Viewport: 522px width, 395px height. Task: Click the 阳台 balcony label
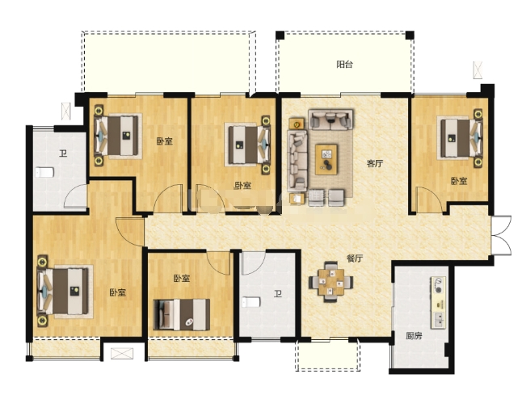click(344, 65)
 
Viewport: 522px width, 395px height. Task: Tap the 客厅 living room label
click(375, 163)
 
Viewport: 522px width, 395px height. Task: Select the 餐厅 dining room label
click(355, 258)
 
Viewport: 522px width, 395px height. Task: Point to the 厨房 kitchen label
click(414, 336)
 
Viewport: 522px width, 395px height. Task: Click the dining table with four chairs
click(330, 282)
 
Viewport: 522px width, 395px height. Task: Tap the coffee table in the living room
click(326, 159)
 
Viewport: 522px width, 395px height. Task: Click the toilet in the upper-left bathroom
click(44, 172)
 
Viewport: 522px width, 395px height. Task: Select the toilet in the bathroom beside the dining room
click(251, 302)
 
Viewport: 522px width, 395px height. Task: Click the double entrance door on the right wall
click(501, 236)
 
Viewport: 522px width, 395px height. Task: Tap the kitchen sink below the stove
click(439, 319)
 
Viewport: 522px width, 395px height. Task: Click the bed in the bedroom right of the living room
click(461, 138)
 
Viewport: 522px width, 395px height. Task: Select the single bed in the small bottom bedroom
click(182, 314)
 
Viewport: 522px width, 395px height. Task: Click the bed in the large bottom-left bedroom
click(64, 292)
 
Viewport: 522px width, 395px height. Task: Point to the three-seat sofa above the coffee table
click(331, 119)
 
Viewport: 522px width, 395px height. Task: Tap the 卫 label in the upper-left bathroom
click(63, 153)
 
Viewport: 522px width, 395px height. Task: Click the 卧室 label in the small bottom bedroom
click(182, 278)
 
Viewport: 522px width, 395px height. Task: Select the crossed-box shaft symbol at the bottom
click(122, 354)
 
